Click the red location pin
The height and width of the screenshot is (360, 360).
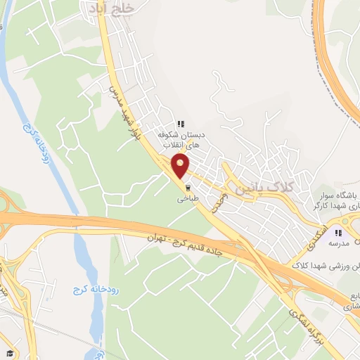tap(181, 167)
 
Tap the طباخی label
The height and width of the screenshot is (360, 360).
tap(188, 200)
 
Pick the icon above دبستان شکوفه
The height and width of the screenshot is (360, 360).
tap(181, 123)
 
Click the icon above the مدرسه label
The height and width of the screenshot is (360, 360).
tap(338, 233)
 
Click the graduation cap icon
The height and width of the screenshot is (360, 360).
tap(10, 353)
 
